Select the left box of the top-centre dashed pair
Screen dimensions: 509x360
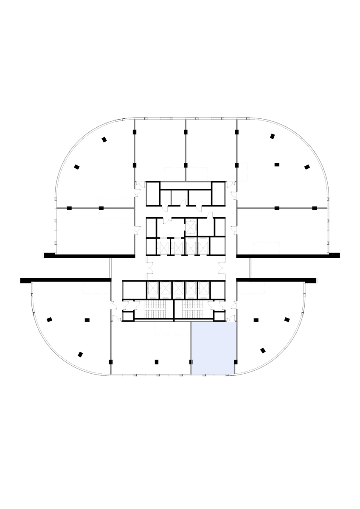tap(174, 174)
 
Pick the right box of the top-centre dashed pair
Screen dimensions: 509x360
tap(197, 174)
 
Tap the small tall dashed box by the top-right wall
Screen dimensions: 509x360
tap(243, 172)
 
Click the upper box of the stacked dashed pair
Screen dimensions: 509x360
tap(117, 202)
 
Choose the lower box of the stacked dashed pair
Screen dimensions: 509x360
tap(117, 214)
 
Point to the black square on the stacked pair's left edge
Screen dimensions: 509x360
tap(101, 208)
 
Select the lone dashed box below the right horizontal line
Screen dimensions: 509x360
tap(267, 248)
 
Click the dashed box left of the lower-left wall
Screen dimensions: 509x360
tap(96, 288)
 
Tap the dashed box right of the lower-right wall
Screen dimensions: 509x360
tap(251, 288)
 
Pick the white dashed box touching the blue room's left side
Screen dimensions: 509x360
tap(172, 329)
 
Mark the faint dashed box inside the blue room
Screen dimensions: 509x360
tap(204, 329)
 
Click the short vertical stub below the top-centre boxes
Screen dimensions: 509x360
tap(171, 198)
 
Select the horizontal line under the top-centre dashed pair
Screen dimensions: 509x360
tap(186, 182)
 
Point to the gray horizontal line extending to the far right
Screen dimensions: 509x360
tap(282, 208)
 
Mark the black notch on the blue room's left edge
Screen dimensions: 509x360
tap(191, 362)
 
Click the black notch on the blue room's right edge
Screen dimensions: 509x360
tap(235, 362)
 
